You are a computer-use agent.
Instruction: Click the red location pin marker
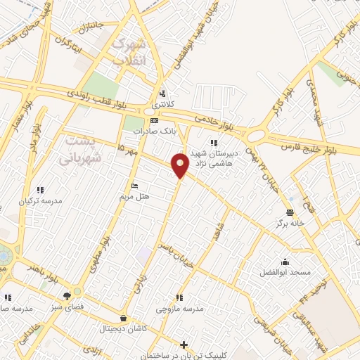pos(181,165)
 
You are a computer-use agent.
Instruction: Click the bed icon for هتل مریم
pos(134,186)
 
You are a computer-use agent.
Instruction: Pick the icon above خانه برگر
pos(290,212)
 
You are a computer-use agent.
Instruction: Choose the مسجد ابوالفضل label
pos(285,271)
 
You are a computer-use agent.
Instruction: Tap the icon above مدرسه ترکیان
pos(40,190)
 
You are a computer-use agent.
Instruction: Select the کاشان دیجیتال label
pos(124,328)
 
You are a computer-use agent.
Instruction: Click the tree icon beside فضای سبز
pos(67,297)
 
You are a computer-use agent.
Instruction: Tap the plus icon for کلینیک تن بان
pos(184,345)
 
